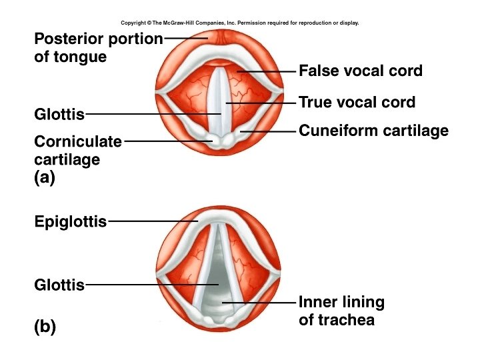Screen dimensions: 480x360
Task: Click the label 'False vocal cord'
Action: click(x=361, y=70)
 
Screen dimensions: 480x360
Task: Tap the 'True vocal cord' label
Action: click(x=357, y=103)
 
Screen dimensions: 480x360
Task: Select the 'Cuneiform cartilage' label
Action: click(x=373, y=131)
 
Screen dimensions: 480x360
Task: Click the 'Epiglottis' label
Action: click(x=70, y=221)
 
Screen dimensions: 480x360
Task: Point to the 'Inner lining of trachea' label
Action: click(x=341, y=311)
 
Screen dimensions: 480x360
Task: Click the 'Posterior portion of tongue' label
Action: click(x=98, y=47)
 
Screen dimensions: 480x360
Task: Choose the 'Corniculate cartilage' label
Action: click(x=78, y=150)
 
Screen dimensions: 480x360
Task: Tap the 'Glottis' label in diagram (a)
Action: click(x=59, y=115)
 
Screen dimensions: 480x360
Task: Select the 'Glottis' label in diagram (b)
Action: click(x=59, y=285)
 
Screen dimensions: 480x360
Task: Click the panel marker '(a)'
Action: click(x=45, y=177)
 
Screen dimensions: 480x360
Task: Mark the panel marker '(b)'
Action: click(x=45, y=327)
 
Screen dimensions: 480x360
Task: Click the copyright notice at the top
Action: click(x=240, y=23)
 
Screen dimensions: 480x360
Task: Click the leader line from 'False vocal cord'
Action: click(x=267, y=71)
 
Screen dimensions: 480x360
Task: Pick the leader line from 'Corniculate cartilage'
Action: click(x=167, y=141)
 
